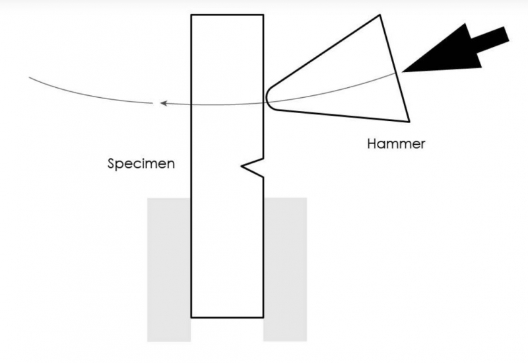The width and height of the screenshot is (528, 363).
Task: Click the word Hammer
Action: click(396, 143)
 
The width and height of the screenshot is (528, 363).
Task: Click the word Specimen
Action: click(141, 164)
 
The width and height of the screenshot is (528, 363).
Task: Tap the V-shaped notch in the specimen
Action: click(253, 167)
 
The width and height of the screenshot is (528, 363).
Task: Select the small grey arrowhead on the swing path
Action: click(164, 103)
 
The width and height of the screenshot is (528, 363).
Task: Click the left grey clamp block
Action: click(169, 270)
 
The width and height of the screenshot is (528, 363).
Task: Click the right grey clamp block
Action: click(285, 270)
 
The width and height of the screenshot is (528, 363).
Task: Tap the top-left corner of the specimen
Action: click(191, 15)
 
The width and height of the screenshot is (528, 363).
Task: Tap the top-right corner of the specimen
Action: click(263, 15)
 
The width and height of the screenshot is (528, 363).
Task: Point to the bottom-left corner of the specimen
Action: click(191, 317)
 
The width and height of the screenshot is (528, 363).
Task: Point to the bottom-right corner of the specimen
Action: click(263, 317)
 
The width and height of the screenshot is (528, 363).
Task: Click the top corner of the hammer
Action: click(380, 15)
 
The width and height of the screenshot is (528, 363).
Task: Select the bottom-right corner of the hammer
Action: click(409, 121)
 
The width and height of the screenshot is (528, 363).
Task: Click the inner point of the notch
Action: click(242, 166)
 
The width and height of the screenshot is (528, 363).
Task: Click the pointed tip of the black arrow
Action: click(403, 71)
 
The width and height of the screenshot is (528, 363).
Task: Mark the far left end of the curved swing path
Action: click(29, 77)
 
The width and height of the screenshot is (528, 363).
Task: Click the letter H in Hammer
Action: click(372, 143)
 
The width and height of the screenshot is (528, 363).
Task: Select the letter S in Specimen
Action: click(112, 163)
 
